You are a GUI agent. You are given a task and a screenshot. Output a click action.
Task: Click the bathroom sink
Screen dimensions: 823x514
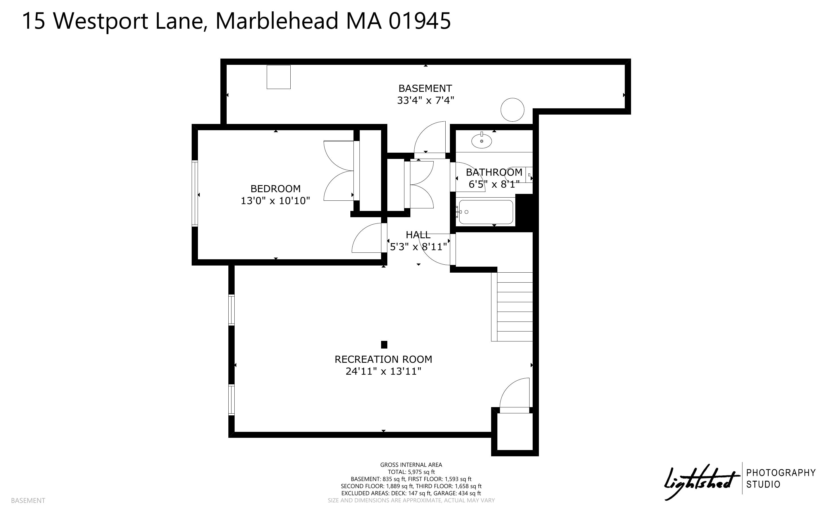(481, 141)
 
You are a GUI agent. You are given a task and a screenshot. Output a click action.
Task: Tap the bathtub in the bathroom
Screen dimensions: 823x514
(486, 212)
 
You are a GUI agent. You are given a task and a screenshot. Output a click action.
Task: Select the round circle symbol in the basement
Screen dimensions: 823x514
(512, 110)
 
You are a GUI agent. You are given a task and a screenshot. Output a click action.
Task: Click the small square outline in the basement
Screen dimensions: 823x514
(278, 77)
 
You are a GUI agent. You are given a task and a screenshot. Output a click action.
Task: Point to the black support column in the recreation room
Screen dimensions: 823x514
(384, 345)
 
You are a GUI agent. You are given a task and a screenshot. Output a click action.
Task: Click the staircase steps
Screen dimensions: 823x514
(512, 307)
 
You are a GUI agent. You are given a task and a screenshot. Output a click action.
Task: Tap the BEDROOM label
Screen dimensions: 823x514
(276, 189)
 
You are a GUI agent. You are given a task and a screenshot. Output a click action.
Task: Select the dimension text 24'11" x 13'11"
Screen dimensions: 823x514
(383, 371)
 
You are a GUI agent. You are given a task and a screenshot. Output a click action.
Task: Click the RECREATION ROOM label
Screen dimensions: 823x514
(383, 359)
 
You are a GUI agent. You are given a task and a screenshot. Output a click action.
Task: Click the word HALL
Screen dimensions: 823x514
(418, 235)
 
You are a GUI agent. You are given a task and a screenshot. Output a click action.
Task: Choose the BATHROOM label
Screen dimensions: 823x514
(494, 172)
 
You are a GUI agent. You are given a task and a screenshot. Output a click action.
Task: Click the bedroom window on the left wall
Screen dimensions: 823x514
(195, 193)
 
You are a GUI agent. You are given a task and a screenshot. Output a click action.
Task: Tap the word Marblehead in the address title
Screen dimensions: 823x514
(277, 21)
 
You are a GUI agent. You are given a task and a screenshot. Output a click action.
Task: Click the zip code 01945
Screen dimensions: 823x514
(420, 21)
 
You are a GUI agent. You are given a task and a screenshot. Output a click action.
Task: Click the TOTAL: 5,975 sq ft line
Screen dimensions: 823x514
(411, 472)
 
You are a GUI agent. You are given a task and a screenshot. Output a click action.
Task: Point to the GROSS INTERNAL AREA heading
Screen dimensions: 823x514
(411, 465)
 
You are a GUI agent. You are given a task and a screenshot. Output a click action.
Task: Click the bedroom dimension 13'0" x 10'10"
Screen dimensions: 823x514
(276, 201)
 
